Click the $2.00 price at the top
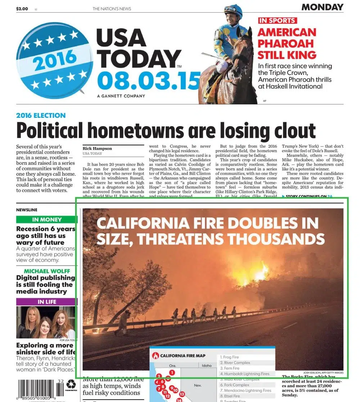[22, 9]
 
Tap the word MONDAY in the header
[322, 7]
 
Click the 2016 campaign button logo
[54, 60]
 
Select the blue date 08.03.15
[148, 81]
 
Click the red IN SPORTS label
[277, 21]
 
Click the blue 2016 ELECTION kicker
[41, 116]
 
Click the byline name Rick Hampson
[97, 148]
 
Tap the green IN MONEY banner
[47, 219]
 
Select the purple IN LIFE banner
[47, 301]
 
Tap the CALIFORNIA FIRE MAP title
[183, 356]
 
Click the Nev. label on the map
[198, 385]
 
